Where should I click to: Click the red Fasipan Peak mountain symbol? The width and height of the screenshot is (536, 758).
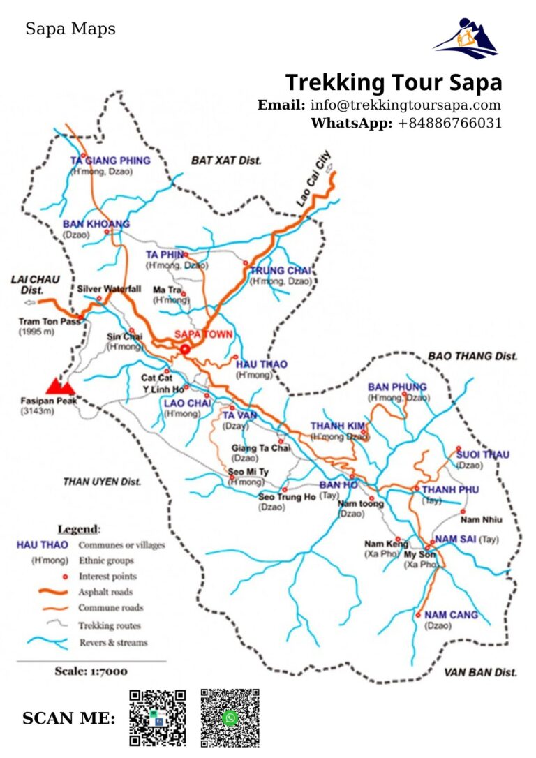click(x=60, y=385)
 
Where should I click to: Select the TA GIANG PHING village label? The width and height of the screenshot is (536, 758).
click(x=110, y=161)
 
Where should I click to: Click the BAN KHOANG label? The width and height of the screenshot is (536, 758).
click(x=96, y=224)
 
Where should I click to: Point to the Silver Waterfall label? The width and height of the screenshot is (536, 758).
click(x=109, y=288)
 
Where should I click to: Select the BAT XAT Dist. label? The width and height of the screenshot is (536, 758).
click(x=226, y=161)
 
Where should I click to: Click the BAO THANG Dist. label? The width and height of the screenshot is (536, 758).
click(x=472, y=356)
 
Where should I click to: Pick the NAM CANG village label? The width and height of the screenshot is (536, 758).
click(x=451, y=615)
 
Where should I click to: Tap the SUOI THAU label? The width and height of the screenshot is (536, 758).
click(x=482, y=455)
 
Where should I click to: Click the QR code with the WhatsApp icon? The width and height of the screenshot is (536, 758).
click(x=230, y=718)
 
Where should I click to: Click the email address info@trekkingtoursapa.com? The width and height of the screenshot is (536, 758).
click(x=405, y=105)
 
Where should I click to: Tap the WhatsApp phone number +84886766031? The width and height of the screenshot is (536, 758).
click(x=449, y=124)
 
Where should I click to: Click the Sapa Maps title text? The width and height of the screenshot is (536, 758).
click(x=70, y=29)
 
